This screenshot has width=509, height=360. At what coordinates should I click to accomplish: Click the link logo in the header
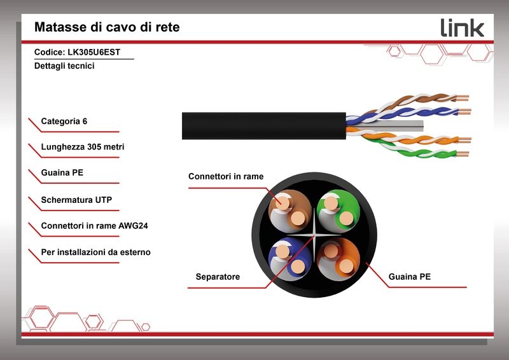click(463, 27)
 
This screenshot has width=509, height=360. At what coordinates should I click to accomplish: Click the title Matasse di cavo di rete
click(107, 27)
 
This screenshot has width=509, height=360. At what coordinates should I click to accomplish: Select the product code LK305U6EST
click(94, 52)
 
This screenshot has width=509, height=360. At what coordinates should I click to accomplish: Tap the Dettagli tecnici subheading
click(64, 66)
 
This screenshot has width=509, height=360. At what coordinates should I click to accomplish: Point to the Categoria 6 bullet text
click(64, 121)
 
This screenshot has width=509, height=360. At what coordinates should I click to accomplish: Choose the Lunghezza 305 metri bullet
click(83, 147)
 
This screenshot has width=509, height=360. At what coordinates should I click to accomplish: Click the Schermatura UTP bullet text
click(76, 200)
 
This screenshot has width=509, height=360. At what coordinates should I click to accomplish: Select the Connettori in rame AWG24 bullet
click(94, 226)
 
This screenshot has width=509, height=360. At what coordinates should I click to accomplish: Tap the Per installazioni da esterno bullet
click(96, 253)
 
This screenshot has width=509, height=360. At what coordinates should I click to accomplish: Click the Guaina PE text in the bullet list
click(62, 172)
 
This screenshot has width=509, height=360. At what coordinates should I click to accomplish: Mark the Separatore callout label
click(218, 277)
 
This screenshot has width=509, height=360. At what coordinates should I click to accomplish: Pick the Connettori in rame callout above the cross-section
click(226, 176)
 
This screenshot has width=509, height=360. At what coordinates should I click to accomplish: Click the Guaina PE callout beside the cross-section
click(409, 277)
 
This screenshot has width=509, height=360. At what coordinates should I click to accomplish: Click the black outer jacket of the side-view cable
click(263, 126)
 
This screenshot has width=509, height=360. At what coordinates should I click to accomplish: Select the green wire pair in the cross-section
click(338, 211)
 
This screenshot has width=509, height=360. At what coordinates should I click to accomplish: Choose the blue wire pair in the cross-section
click(290, 260)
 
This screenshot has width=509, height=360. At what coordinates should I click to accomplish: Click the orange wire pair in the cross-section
click(338, 260)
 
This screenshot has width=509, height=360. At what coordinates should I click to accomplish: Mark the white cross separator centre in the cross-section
click(314, 235)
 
